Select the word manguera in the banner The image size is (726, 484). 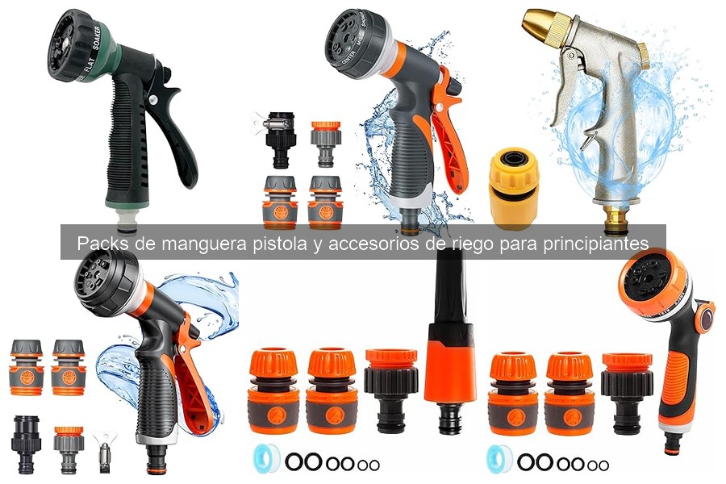[x=201, y=243]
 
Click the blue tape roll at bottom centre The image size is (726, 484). [x=265, y=461]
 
